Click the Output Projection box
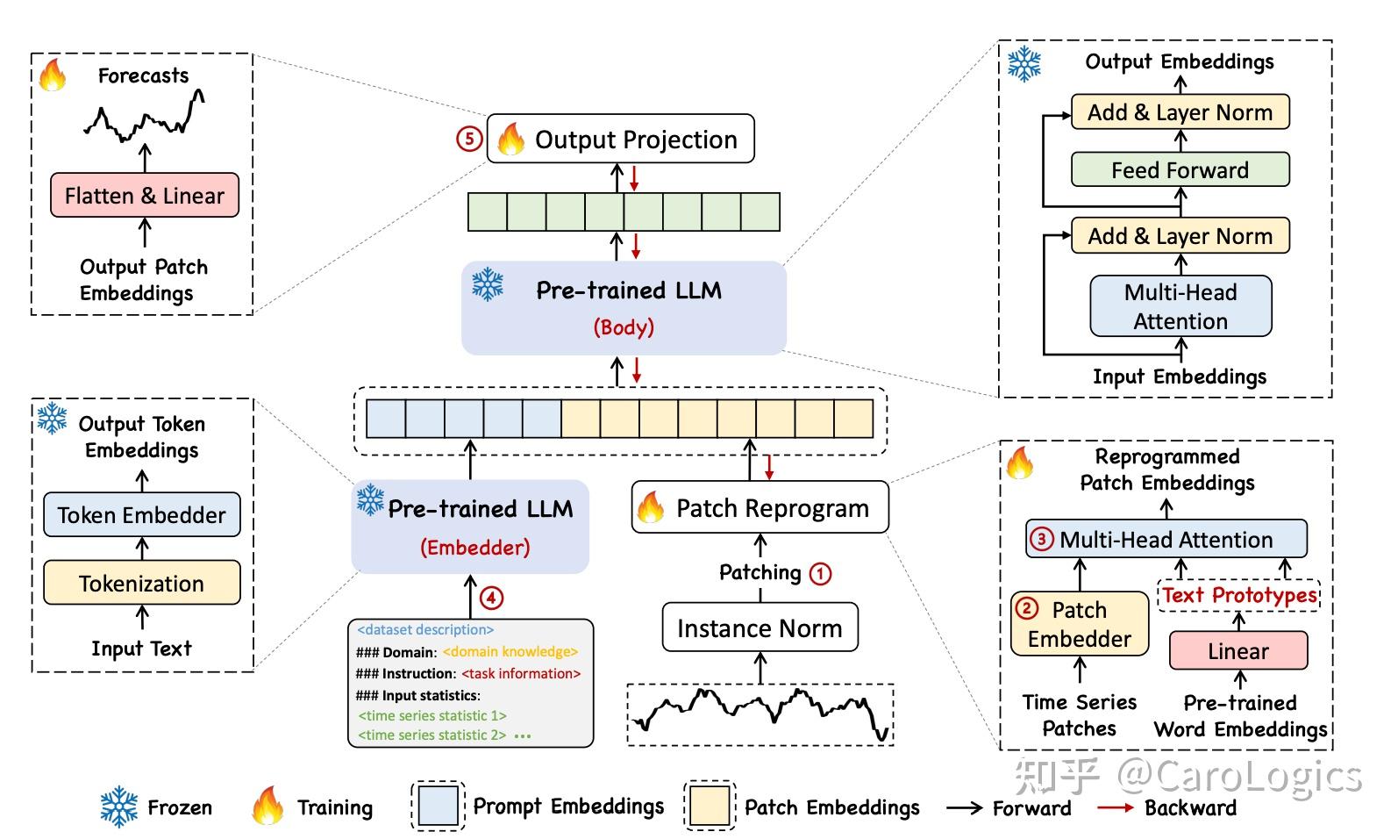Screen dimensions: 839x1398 620,139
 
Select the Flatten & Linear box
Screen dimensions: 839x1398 145,195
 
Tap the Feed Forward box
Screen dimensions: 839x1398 1180,169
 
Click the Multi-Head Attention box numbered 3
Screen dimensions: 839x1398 1166,539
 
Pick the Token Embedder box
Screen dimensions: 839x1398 141,515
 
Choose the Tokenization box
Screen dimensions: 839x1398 141,583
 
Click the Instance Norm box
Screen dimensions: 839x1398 760,627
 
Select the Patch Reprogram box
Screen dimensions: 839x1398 760,507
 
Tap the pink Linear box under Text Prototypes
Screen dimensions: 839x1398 1238,651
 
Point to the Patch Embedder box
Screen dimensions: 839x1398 1079,624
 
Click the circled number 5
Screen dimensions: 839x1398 469,139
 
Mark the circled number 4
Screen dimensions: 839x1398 491,599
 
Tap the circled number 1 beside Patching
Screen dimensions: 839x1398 820,574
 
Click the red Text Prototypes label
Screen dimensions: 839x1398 1239,595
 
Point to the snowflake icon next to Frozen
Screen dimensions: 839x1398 118,807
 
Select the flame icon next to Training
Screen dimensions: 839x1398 267,806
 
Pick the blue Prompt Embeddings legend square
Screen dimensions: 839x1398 438,807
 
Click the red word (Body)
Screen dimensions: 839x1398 624,327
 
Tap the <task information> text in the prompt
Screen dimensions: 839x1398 521,674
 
